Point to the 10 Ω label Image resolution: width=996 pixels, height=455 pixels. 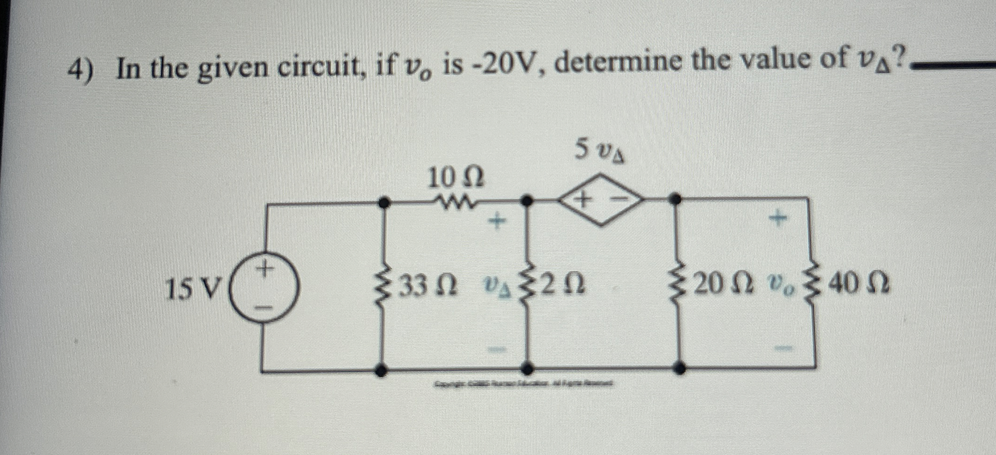[456, 179]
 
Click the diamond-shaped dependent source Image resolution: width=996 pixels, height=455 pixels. [601, 200]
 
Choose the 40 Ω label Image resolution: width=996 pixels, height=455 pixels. [858, 283]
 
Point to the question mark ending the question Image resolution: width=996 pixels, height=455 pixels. [899, 58]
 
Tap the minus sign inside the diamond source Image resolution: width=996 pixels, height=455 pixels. [620, 200]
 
